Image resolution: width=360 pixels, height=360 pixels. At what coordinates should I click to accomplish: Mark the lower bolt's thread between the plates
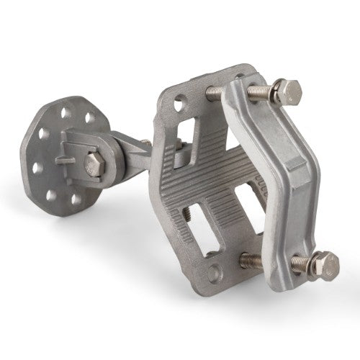(x=248, y=258)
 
